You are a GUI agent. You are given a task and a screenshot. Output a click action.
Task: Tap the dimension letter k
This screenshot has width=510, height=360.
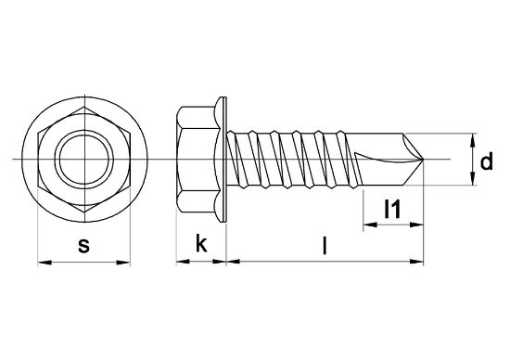click(x=200, y=244)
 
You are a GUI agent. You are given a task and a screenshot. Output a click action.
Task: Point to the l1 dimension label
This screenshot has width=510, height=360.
click(x=393, y=212)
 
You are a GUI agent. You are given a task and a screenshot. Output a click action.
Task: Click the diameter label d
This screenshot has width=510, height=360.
click(x=486, y=163)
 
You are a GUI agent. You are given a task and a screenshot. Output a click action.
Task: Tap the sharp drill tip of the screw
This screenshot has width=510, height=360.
click(x=424, y=162)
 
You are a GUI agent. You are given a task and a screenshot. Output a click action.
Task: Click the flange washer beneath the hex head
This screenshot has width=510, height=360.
click(x=222, y=161)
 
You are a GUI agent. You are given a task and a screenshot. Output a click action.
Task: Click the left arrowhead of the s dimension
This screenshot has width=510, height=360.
click(x=42, y=263)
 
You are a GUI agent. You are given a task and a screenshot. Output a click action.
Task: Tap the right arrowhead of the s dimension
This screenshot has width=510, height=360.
click(x=126, y=263)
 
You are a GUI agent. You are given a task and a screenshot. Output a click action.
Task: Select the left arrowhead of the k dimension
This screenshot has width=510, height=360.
click(x=180, y=263)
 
